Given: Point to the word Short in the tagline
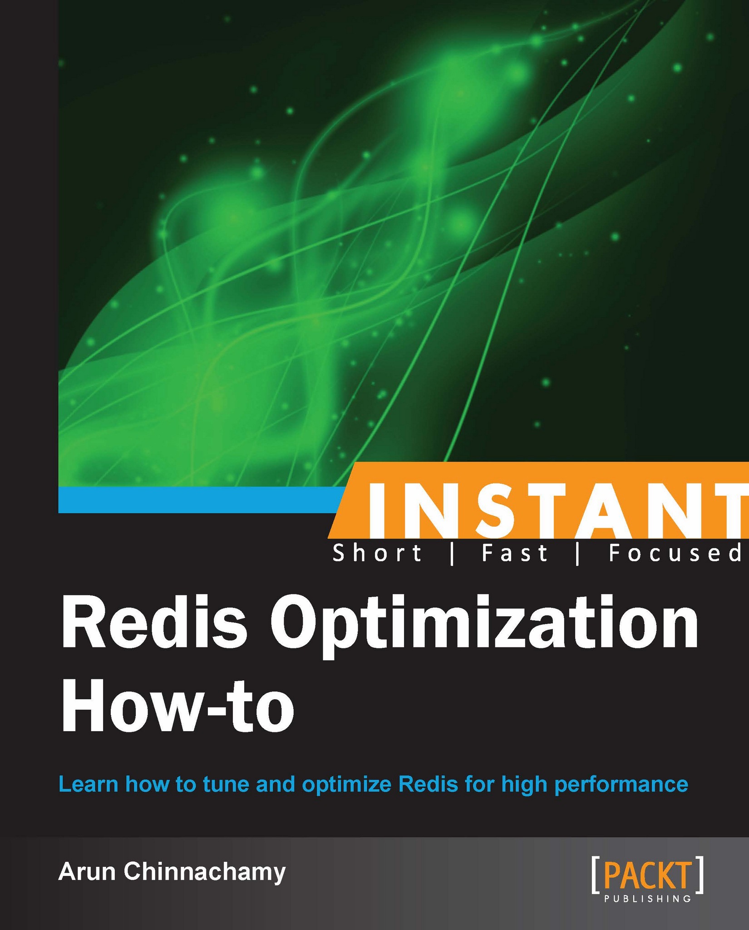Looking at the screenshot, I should click(x=377, y=554).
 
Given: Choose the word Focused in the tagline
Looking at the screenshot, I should click(x=675, y=554).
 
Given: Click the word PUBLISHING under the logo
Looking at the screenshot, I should click(x=648, y=899).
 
